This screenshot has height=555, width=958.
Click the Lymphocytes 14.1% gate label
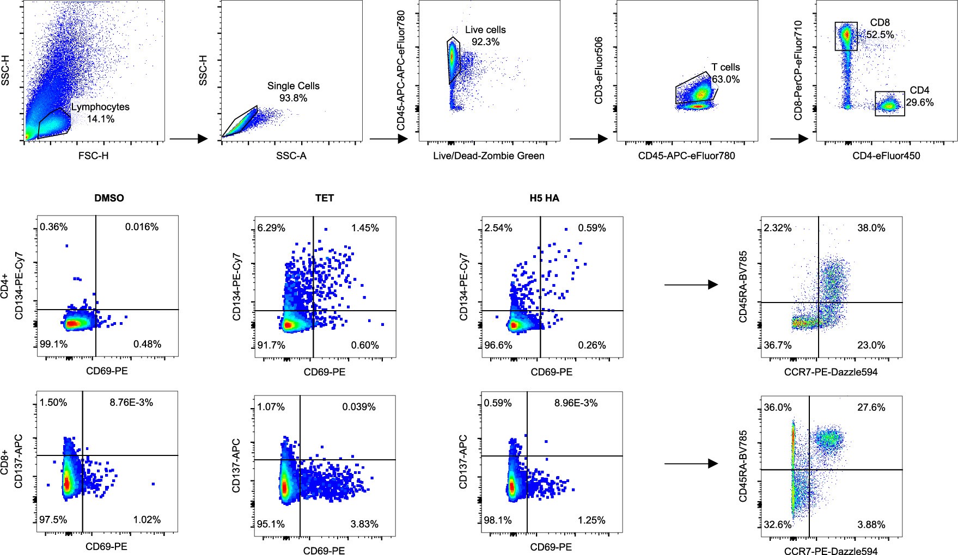click(x=101, y=113)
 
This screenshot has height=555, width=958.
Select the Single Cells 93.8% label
click(x=294, y=92)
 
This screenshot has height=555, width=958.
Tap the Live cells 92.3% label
click(x=485, y=36)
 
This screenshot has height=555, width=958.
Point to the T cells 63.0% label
click(x=726, y=73)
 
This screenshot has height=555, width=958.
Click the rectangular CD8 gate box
click(x=846, y=36)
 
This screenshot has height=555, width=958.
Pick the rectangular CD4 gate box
click(x=890, y=104)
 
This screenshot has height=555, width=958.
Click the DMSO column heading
click(x=109, y=198)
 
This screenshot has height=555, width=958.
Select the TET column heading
click(x=325, y=198)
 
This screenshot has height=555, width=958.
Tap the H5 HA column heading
click(x=544, y=198)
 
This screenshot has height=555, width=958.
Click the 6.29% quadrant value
click(x=271, y=228)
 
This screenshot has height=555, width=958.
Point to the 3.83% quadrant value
click(x=365, y=523)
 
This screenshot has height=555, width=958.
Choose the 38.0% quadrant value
click(x=871, y=228)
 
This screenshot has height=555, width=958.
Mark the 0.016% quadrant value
click(x=142, y=227)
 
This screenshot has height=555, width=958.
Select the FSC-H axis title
click(x=94, y=156)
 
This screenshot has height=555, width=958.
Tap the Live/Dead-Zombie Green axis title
click(x=489, y=156)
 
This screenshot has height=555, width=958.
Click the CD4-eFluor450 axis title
click(x=886, y=156)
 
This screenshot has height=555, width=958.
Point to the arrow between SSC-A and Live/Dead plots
click(x=388, y=139)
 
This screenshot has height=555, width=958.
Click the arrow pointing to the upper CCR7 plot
click(x=691, y=285)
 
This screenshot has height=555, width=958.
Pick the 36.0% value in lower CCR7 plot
click(x=777, y=408)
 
